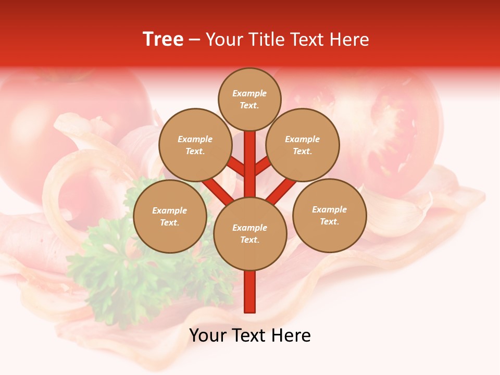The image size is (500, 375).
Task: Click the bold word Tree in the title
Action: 163,40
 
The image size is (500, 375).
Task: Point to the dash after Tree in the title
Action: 194,40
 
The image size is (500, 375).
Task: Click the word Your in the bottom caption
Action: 208,335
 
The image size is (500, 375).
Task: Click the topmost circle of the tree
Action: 249,99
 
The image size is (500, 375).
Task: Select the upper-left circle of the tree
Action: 195,145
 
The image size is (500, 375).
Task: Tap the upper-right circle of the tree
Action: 303,145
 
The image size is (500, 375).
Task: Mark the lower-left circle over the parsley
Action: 170,216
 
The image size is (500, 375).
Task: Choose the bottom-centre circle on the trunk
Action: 250,234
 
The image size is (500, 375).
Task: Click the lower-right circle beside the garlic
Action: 330,215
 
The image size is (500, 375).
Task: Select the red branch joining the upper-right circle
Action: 264,166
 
